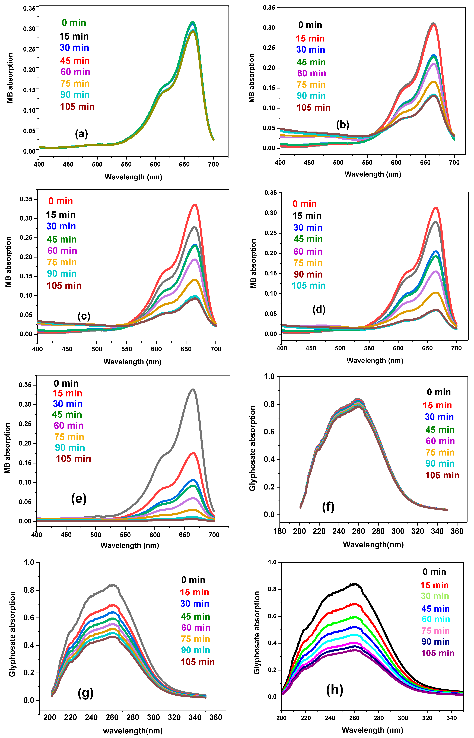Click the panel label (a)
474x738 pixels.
pyautogui.click(x=82, y=134)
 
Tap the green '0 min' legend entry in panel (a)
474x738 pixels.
pyautogui.click(x=74, y=23)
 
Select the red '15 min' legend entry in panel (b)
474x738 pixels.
pyautogui.click(x=310, y=39)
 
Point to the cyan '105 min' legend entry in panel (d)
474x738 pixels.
pyautogui.click(x=309, y=286)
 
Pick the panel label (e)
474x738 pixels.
pyautogui.click(x=79, y=498)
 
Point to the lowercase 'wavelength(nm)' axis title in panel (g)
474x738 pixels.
pyautogui.click(x=133, y=731)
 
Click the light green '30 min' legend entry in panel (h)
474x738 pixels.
pyautogui.click(x=435, y=596)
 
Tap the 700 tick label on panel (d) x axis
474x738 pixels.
pyautogui.click(x=456, y=348)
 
